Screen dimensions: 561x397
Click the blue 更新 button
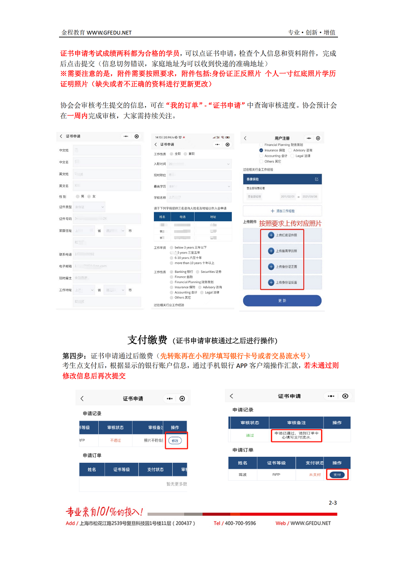click(282, 301)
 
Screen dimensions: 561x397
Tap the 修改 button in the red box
click(175, 440)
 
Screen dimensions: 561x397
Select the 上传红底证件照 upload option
click(282, 235)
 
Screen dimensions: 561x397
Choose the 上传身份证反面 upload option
click(282, 282)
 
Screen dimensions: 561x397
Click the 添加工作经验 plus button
click(282, 211)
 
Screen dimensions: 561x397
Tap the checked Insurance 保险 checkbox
click(261, 150)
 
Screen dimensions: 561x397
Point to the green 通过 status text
click(250, 436)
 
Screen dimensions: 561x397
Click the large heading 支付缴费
click(147, 340)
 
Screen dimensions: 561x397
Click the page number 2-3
click(332, 503)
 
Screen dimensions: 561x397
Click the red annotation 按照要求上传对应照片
click(290, 223)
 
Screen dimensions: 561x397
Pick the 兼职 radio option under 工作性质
click(185, 154)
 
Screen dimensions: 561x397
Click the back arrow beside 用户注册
click(245, 138)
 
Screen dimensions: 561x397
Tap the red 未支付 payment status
click(315, 475)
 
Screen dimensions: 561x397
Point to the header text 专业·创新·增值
click(312, 32)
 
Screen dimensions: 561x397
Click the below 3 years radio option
click(172, 247)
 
